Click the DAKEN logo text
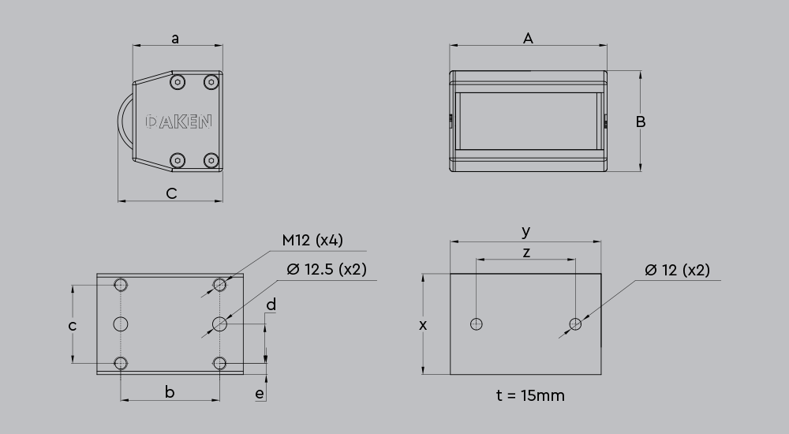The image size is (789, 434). [179, 122]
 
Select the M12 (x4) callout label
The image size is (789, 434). [312, 240]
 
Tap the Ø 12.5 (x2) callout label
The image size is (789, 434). [327, 269]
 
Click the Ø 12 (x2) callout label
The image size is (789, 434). [677, 269]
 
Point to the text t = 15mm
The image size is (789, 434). [530, 395]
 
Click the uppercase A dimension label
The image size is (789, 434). [529, 38]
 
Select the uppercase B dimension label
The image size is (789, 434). [641, 122]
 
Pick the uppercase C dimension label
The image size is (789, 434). [172, 193]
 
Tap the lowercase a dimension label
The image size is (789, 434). [175, 38]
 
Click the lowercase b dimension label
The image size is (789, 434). [169, 391]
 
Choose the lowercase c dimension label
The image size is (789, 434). [72, 325]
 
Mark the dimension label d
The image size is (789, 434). [271, 305]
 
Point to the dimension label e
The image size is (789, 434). [260, 394]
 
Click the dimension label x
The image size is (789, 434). [423, 324]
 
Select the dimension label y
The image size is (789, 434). [526, 231]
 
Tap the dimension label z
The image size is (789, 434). [526, 252]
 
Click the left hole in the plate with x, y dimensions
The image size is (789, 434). [476, 324]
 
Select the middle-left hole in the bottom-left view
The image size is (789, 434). [121, 324]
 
